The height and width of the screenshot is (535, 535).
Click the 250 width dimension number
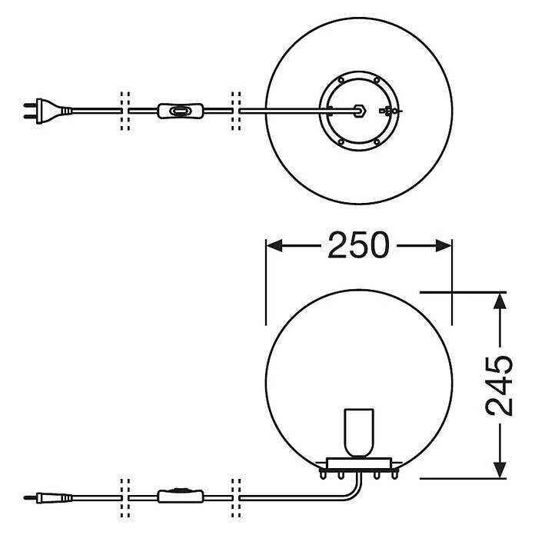coord(358,244)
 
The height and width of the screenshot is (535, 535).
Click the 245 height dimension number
coord(499,386)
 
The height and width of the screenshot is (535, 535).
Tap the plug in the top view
coord(48,111)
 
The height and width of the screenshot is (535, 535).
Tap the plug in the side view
coord(48,498)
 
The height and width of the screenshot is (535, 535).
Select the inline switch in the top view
coord(181,111)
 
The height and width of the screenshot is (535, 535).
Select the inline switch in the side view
coord(181,496)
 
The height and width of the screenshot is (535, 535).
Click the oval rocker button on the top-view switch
coord(180,111)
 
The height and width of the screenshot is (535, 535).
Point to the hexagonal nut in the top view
coord(359,111)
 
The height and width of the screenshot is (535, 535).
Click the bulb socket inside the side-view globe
coord(359,433)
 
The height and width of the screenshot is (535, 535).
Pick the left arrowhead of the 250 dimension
coord(274,245)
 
